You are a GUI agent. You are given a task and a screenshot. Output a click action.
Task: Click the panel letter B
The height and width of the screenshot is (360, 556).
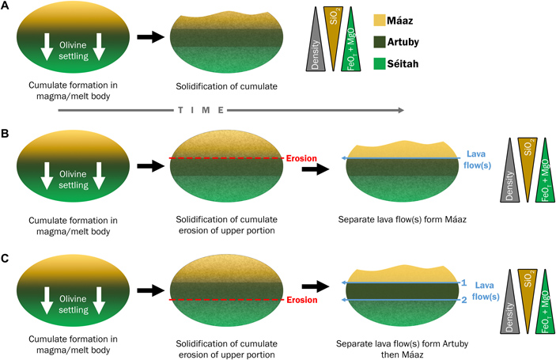click(x=6, y=124)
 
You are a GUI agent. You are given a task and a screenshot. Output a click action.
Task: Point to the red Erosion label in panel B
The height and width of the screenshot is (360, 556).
click(x=301, y=158)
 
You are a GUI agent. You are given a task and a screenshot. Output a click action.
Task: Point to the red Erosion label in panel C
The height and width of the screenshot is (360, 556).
click(x=301, y=301)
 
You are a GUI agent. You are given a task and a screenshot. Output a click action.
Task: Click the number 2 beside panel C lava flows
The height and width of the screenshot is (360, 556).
click(x=465, y=301)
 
